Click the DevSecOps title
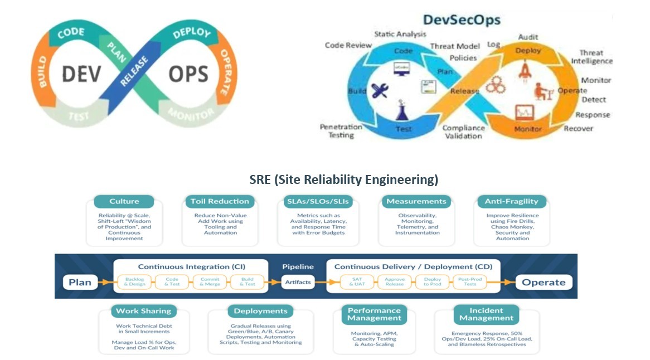click(462, 21)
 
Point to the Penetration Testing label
click(341, 131)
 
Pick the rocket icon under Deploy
click(525, 70)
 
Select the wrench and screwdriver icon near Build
click(380, 90)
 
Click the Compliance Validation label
click(463, 132)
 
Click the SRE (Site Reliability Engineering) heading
click(343, 180)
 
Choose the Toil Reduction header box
click(220, 201)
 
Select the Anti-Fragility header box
click(512, 201)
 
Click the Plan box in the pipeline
click(80, 282)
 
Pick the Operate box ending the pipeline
click(544, 282)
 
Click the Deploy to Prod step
click(432, 282)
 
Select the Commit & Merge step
click(210, 282)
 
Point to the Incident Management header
click(486, 314)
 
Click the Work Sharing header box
click(143, 311)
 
